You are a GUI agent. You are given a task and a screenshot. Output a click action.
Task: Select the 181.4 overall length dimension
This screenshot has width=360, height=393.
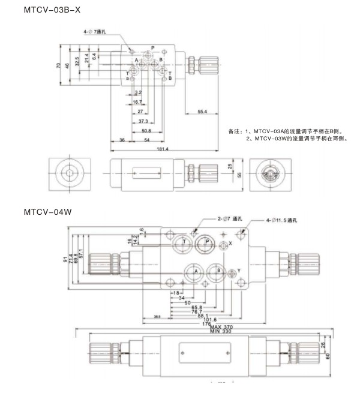[x=145, y=148]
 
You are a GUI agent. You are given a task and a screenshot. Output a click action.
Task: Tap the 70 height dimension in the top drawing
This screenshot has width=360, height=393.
[x=59, y=66]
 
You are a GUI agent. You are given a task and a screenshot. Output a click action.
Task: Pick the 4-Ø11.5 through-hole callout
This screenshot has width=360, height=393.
[x=281, y=221]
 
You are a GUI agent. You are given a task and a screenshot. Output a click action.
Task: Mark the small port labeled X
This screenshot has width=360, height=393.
[x=225, y=244]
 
